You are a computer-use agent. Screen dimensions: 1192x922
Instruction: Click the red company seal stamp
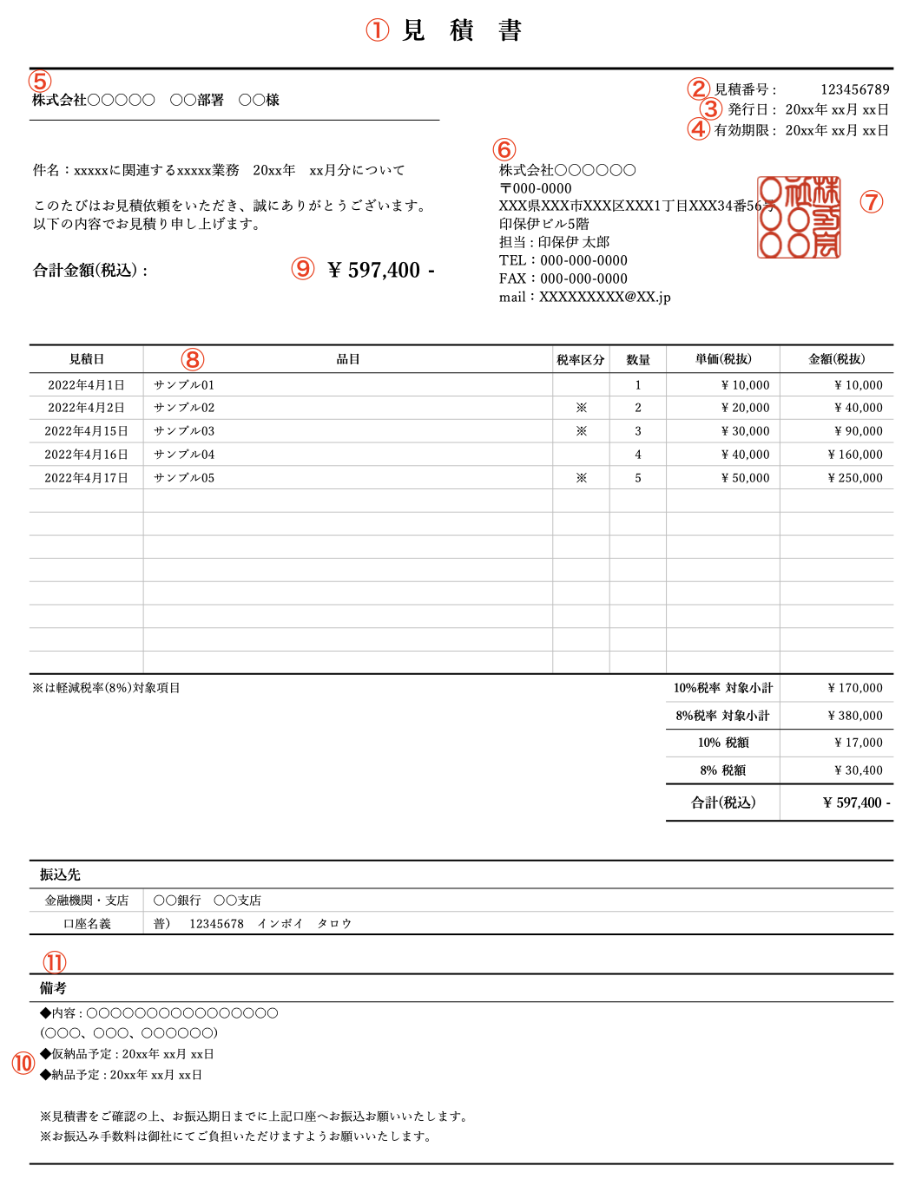click(799, 217)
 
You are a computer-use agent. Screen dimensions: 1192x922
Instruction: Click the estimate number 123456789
click(854, 89)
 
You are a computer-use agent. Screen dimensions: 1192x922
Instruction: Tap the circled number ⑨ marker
click(302, 268)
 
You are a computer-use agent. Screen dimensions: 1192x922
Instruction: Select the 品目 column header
click(347, 359)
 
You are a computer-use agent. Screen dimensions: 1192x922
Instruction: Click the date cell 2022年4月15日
click(86, 431)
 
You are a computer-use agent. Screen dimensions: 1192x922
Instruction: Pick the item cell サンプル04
click(184, 455)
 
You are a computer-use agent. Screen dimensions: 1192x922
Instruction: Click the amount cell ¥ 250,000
click(855, 478)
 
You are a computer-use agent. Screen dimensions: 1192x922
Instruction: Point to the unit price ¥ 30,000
click(745, 431)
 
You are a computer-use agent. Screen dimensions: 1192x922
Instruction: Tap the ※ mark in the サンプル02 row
click(581, 408)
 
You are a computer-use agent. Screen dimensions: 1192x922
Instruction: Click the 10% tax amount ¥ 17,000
click(858, 743)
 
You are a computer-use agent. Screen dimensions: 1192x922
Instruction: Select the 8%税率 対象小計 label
click(722, 716)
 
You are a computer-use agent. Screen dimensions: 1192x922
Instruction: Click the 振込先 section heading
click(60, 874)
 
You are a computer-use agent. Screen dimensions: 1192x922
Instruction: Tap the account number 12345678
click(216, 924)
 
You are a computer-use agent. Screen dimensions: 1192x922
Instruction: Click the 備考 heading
click(53, 988)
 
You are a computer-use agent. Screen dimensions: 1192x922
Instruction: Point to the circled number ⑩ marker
click(23, 1063)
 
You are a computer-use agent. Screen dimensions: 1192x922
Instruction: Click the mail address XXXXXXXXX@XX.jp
click(604, 297)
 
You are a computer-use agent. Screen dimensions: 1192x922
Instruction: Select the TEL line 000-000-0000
click(583, 260)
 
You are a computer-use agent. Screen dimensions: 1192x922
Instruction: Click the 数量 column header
click(638, 359)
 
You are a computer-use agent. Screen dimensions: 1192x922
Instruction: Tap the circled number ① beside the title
click(377, 30)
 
